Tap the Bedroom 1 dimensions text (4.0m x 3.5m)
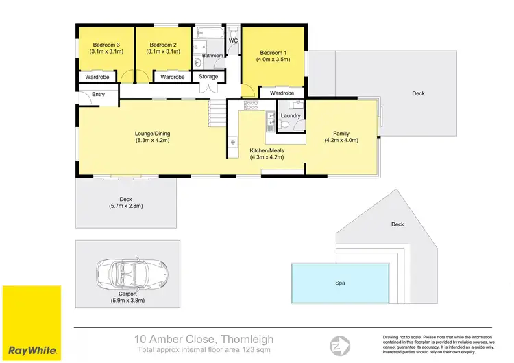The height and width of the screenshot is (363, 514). click(x=274, y=60)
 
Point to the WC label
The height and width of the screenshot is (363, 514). click(x=233, y=40)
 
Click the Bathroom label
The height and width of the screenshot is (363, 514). click(x=212, y=56)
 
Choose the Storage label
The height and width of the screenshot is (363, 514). click(x=208, y=77)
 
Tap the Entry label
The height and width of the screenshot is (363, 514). click(x=97, y=94)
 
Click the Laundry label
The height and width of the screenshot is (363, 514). click(x=291, y=115)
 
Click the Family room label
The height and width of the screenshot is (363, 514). click(x=341, y=132)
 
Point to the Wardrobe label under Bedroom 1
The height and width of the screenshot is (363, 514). click(x=282, y=93)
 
